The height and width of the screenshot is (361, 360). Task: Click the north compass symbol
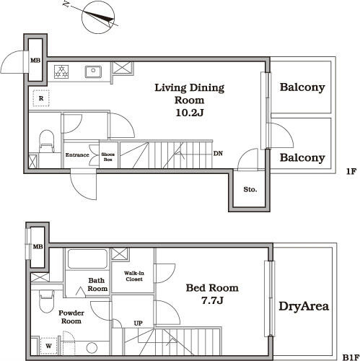(x=97, y=18)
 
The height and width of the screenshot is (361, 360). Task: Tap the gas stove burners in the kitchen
(x=61, y=71)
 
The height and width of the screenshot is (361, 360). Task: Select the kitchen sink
(x=93, y=71)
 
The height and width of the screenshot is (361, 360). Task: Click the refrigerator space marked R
(x=41, y=98)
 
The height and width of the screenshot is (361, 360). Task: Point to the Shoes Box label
(x=107, y=157)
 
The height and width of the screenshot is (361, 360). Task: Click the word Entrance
(x=77, y=155)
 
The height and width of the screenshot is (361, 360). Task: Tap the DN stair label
(x=218, y=153)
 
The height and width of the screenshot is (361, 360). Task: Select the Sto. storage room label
(x=250, y=189)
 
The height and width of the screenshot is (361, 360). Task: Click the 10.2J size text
(x=190, y=113)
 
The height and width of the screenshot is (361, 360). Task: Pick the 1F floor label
(x=351, y=171)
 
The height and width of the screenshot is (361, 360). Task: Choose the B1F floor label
(x=351, y=357)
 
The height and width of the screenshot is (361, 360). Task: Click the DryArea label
(x=304, y=306)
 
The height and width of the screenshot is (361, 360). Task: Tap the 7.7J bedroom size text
(x=212, y=300)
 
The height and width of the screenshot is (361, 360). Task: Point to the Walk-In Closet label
(x=134, y=276)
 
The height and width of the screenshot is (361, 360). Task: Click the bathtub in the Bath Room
(x=87, y=259)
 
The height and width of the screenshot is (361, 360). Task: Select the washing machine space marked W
(x=49, y=346)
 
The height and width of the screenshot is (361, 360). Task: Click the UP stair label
(x=138, y=323)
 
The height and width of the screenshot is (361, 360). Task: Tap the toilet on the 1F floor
(x=46, y=142)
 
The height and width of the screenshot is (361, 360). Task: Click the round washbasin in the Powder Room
(x=92, y=348)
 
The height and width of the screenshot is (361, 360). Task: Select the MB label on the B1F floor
(x=38, y=246)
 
